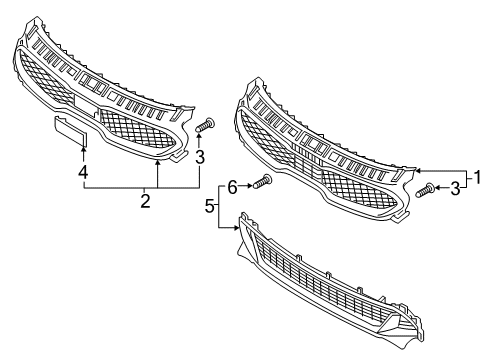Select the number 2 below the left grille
(x=145, y=202)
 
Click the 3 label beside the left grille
(x=200, y=157)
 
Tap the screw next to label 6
(x=265, y=182)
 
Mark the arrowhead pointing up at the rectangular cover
(x=83, y=146)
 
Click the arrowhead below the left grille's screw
(x=200, y=137)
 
